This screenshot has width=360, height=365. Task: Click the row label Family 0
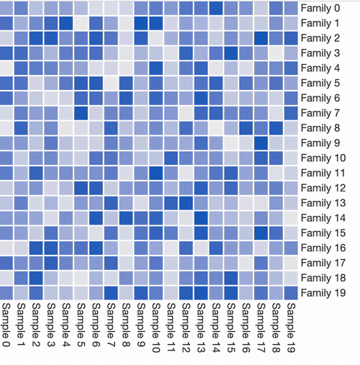[320, 9]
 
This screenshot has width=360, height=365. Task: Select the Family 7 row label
[320, 113]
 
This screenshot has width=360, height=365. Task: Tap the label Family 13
[323, 203]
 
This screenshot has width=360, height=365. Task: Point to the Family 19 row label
[323, 293]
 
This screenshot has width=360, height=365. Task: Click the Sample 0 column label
[6, 325]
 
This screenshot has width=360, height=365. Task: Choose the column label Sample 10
[156, 328]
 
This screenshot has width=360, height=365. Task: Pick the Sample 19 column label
[291, 328]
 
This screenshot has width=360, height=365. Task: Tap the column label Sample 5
[81, 325]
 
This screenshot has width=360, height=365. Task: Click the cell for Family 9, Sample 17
[261, 143]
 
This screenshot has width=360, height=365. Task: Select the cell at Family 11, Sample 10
[156, 173]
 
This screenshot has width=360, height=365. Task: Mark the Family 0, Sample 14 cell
[216, 8]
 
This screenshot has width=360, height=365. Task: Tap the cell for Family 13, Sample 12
[186, 203]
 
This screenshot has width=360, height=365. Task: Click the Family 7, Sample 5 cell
[81, 113]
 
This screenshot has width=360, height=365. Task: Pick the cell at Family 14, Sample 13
[201, 218]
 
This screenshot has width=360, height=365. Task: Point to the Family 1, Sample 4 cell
[66, 23]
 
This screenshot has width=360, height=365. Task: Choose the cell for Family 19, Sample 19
[291, 293]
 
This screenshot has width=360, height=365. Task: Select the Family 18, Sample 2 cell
[36, 278]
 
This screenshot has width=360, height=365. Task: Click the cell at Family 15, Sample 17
[261, 233]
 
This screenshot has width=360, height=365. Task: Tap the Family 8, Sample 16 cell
[246, 128]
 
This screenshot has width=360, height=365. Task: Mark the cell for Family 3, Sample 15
[231, 53]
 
